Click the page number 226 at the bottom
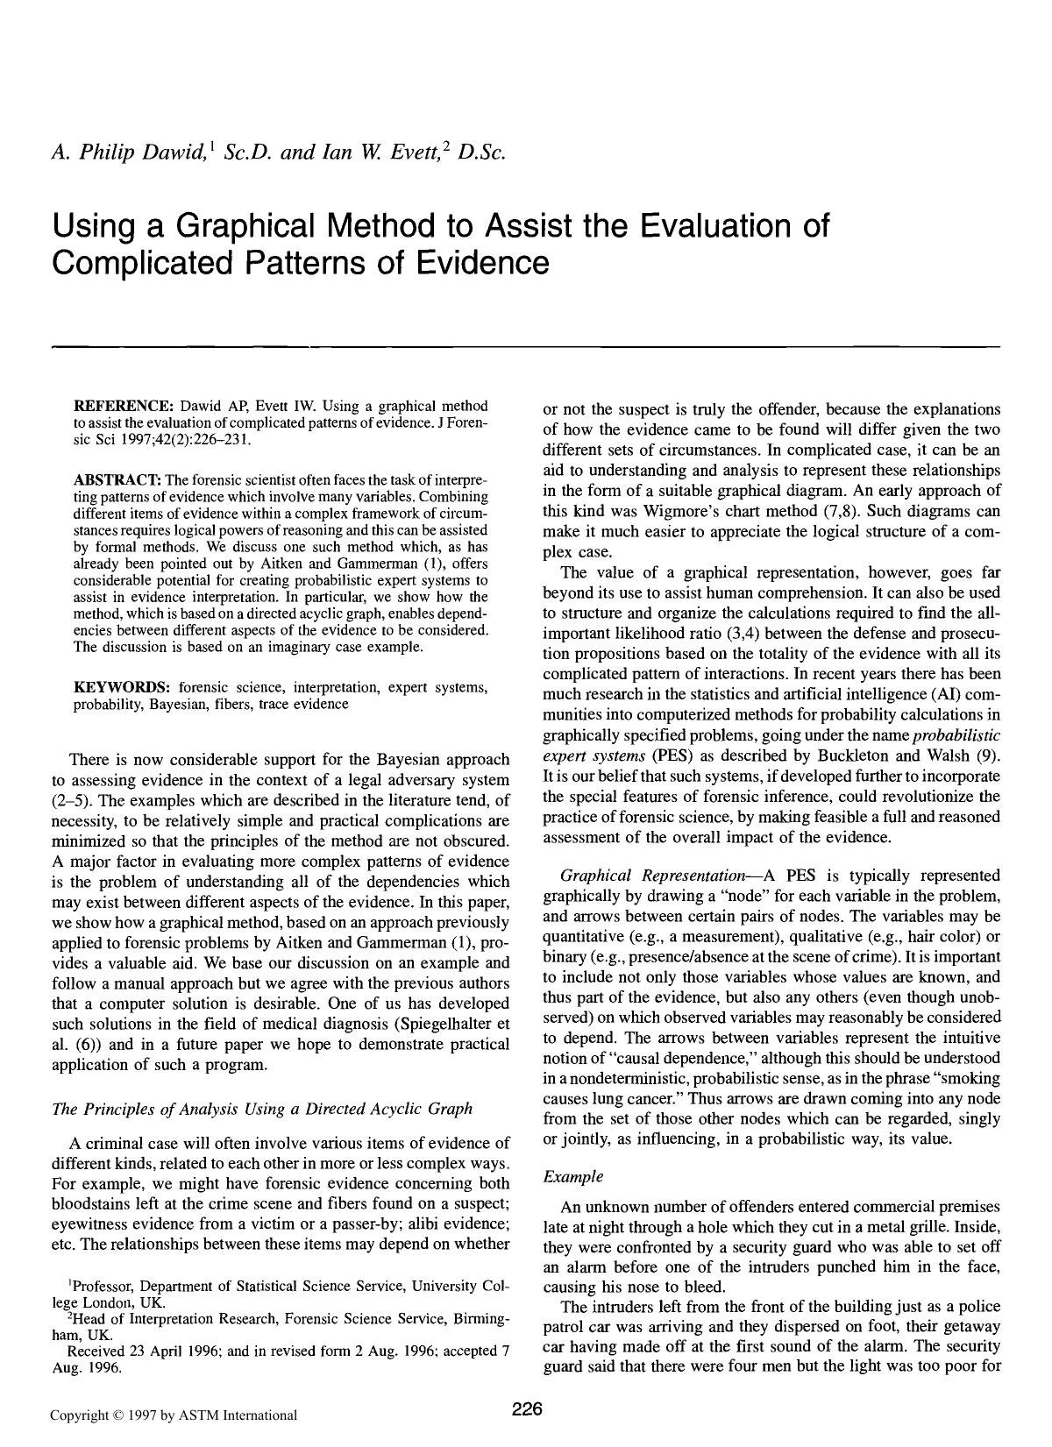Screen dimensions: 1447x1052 528,1409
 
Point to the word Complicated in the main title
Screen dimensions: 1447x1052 144,261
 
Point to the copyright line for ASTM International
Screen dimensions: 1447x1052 173,1415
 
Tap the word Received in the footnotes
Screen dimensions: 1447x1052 96,1351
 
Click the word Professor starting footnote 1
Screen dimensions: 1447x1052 109,1286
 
